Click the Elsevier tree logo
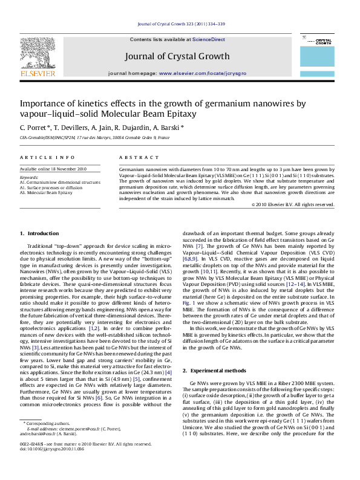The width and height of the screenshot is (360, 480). (x=38, y=55)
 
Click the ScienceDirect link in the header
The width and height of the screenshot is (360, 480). (x=209, y=39)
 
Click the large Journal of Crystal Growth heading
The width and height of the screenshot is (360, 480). (x=177, y=56)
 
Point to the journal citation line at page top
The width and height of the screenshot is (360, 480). (x=181, y=24)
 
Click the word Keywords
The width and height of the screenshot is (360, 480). (x=28, y=177)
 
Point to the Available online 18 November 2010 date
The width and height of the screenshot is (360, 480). (x=53, y=169)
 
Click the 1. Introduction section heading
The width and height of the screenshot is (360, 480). (x=39, y=233)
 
